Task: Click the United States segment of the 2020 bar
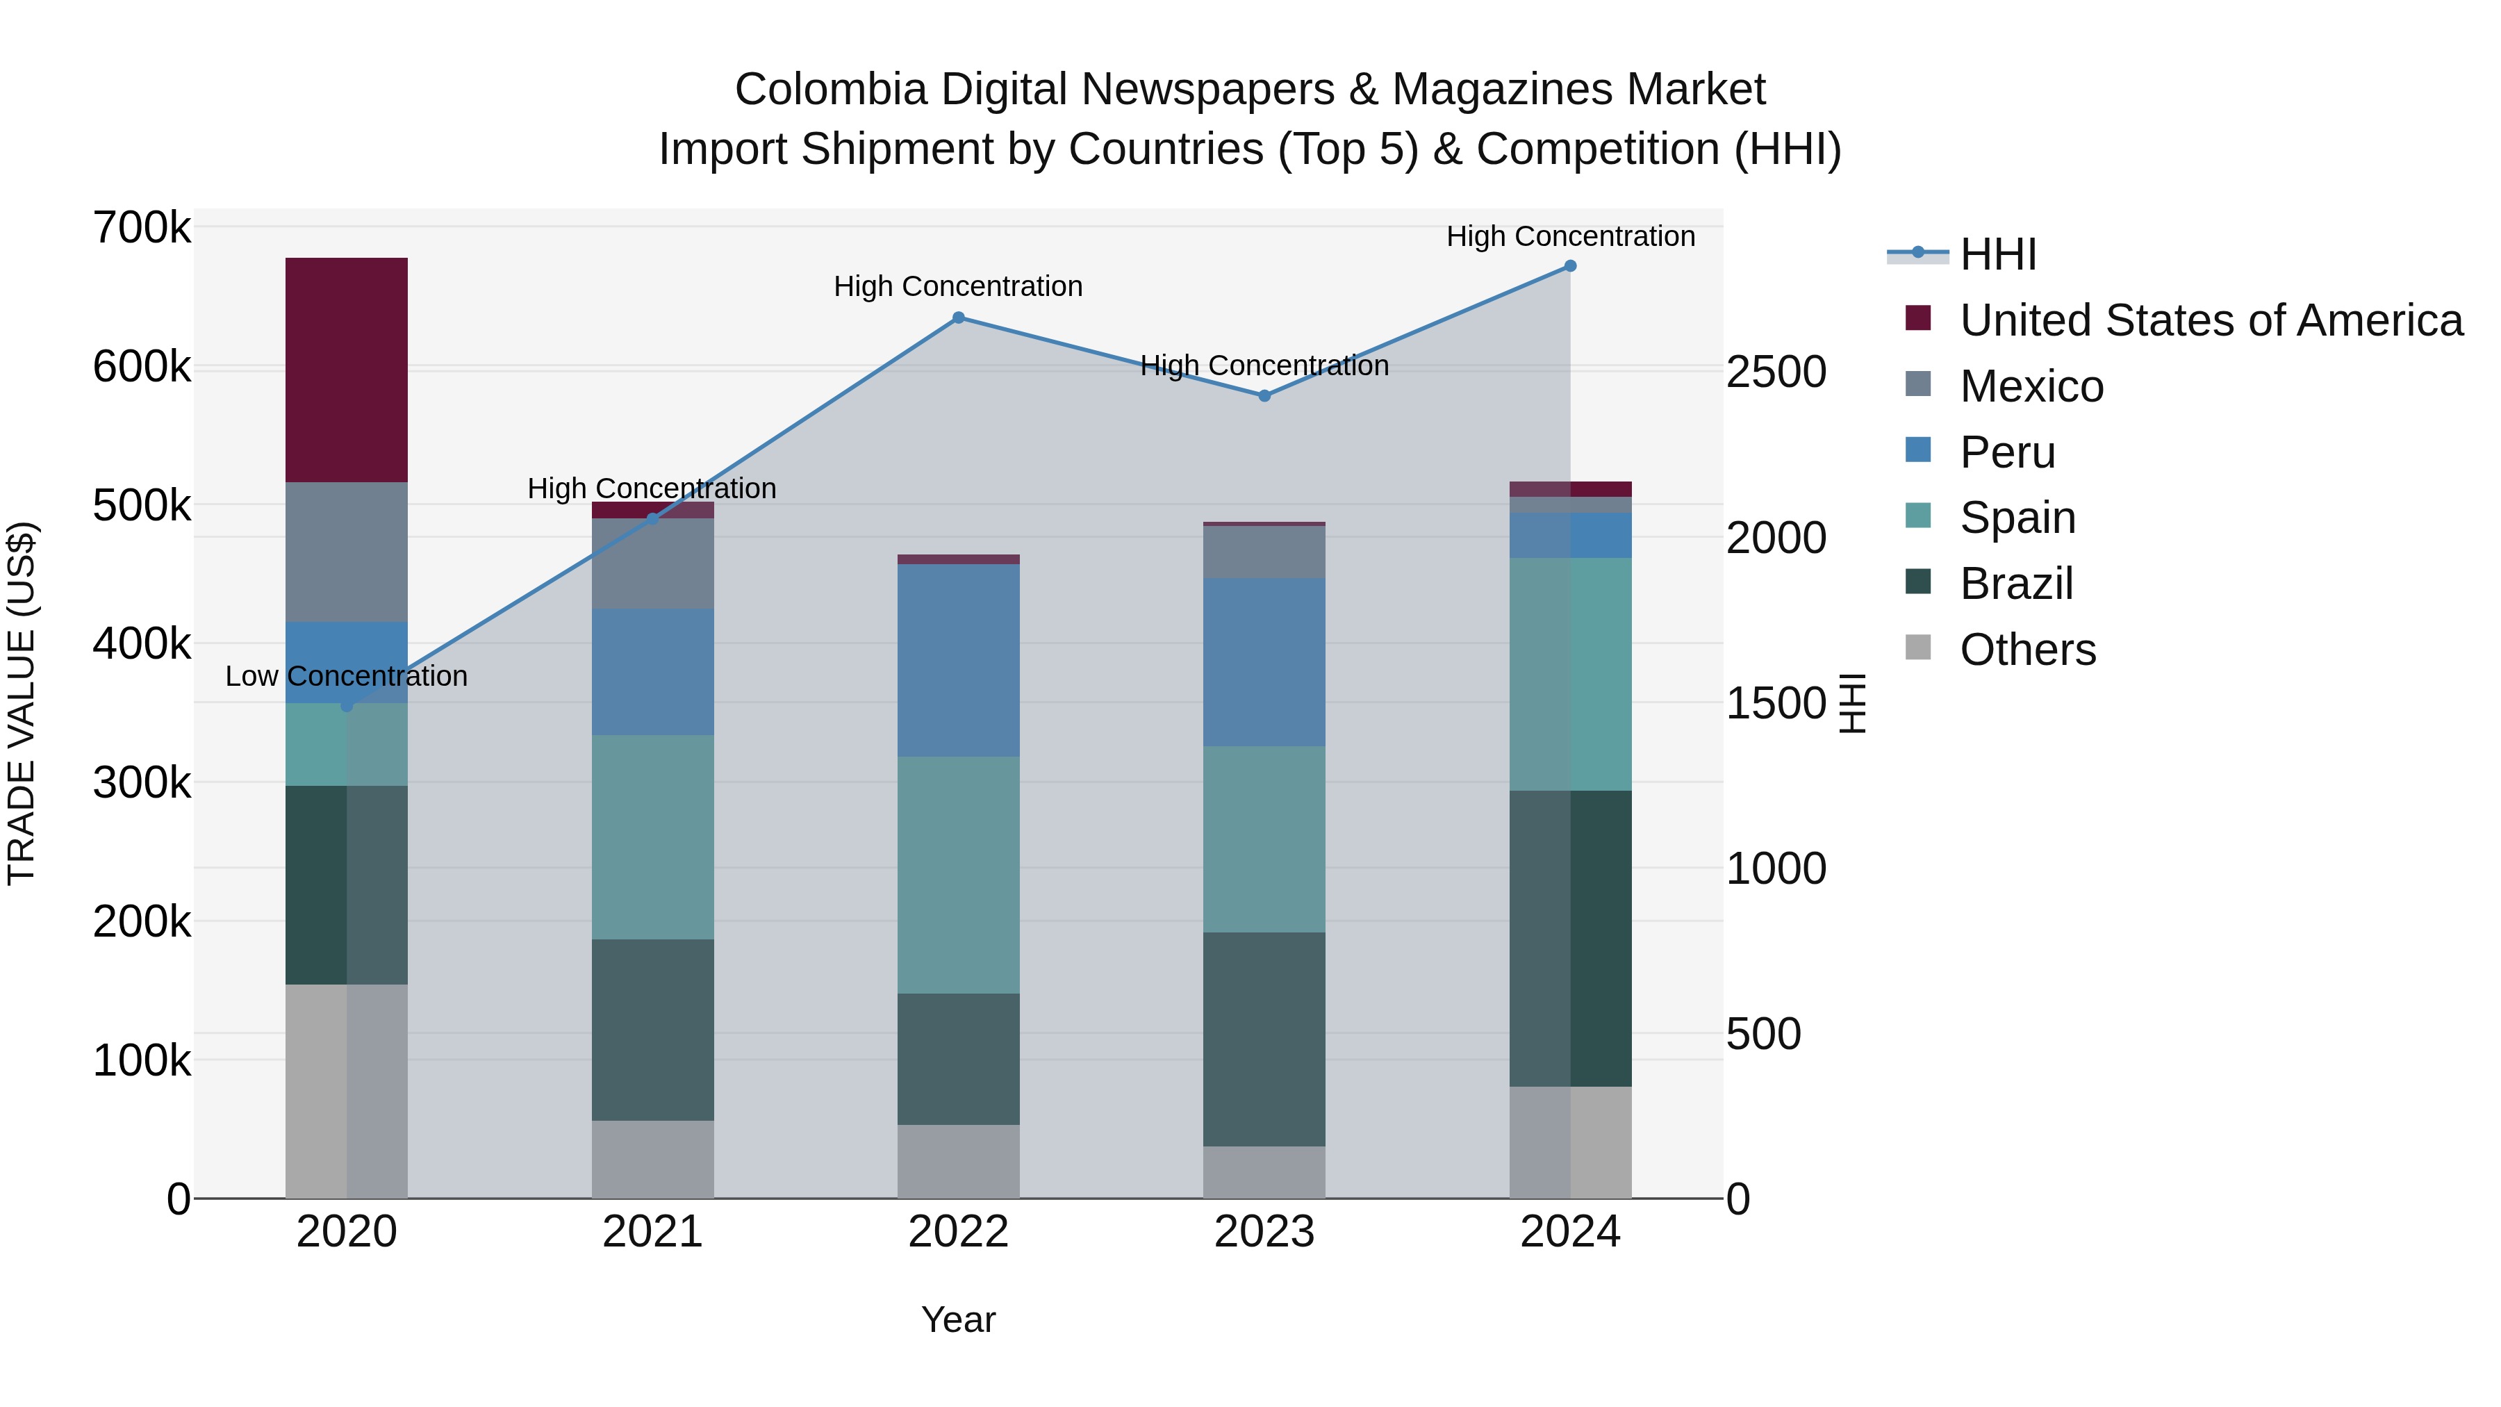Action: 346,369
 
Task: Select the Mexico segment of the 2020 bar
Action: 346,552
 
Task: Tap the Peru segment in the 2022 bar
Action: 957,660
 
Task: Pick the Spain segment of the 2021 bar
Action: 652,837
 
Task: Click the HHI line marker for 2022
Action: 957,318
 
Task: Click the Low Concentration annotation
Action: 346,676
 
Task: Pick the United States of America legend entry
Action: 2210,320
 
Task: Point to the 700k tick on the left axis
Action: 142,229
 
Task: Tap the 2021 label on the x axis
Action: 652,1232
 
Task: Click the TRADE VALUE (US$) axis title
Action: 22,703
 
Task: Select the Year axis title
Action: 957,1319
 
